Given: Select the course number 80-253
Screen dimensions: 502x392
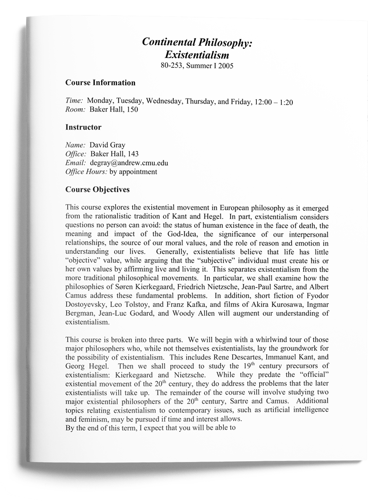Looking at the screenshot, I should pos(172,65).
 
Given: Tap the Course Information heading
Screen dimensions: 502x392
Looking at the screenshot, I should pos(100,83).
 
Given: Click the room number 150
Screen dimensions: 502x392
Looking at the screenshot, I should pos(132,109).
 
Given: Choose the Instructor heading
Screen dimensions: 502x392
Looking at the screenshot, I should pos(83,127).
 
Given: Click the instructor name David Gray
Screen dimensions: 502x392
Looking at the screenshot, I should pos(107,145).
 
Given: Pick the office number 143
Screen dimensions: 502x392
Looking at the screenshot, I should pos(133,154).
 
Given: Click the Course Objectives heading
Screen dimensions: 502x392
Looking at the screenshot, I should pos(97,189).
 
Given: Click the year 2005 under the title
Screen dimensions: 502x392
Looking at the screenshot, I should pos(226,65).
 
